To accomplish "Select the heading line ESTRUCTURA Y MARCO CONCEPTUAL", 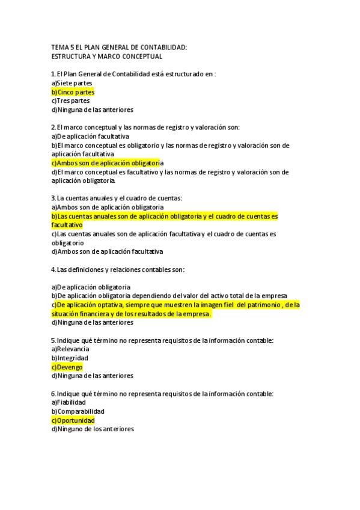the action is point(106,57).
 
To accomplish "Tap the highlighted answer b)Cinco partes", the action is point(73,92).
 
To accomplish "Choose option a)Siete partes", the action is point(72,83).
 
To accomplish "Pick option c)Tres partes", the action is point(70,101).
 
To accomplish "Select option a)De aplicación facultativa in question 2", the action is point(90,137).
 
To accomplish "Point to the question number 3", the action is point(53,198).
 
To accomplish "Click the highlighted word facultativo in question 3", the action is point(67,225).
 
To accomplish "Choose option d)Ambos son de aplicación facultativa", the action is point(107,251).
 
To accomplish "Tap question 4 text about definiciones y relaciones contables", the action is point(117,269).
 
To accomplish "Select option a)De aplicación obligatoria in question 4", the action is point(91,287).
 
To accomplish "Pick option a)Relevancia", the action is point(70,349).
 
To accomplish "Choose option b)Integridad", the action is point(69,358).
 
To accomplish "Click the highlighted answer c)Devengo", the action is point(67,367).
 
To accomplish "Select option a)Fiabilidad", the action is point(69,402).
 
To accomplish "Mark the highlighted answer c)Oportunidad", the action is point(73,420).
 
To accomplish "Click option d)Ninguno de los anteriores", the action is point(93,429).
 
